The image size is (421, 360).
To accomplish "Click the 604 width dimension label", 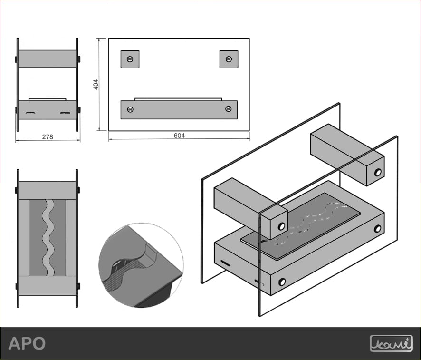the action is (x=179, y=136).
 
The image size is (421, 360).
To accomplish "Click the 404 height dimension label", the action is (x=96, y=84).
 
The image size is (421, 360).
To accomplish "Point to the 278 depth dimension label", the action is (x=48, y=137).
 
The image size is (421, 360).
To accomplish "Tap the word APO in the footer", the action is (x=27, y=343).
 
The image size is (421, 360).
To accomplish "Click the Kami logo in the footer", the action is (x=391, y=343).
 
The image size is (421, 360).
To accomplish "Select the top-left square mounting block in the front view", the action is (x=130, y=59).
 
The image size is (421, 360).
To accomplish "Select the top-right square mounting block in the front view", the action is (x=229, y=59).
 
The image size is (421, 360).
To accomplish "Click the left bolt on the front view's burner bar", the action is (x=130, y=109).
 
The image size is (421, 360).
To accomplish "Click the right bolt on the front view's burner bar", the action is (x=229, y=109).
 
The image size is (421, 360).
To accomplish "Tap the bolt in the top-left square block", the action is (x=130, y=59).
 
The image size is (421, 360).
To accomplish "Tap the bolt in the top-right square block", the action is (x=229, y=59).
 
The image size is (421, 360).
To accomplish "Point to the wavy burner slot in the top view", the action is (x=48, y=237).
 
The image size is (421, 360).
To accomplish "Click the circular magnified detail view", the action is (x=141, y=265).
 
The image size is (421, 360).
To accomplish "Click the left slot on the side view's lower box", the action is (x=30, y=113).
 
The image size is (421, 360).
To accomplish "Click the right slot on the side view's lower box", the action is (x=65, y=113).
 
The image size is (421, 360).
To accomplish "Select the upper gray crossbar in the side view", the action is (x=48, y=58).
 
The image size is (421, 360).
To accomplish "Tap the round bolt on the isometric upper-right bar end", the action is (x=378, y=172).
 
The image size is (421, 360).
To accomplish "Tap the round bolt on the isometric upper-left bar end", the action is (x=281, y=226).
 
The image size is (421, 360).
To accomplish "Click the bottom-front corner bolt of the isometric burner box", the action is (x=282, y=282).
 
